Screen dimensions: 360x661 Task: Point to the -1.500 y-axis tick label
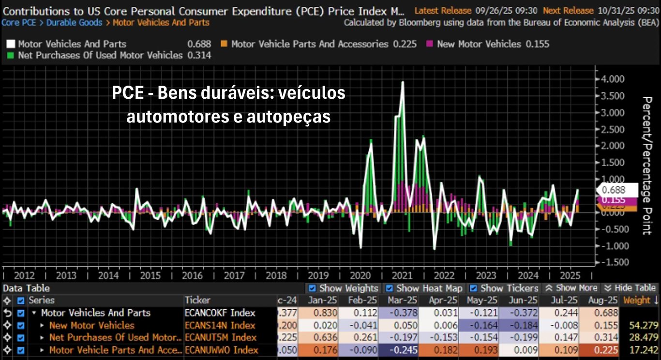[x=612, y=262]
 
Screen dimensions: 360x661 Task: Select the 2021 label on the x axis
[x=402, y=275]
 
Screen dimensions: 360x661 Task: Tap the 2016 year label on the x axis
[x=192, y=275]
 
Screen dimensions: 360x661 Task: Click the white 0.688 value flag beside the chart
[x=614, y=190]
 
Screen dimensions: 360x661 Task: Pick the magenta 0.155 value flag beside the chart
[x=614, y=200]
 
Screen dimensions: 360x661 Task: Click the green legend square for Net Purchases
[x=11, y=55]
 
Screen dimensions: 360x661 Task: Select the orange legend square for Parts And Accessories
[x=224, y=44]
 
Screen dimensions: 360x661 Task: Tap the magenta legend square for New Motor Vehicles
[x=430, y=44]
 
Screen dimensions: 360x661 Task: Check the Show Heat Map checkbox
[x=389, y=288]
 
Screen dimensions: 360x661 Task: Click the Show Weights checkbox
[x=313, y=288]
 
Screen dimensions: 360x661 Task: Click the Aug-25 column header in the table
[x=605, y=300]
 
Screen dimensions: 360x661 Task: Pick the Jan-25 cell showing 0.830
[x=319, y=313]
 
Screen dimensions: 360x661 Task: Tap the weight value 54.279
[x=642, y=325]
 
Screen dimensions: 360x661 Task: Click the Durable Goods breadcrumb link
[x=74, y=22]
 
